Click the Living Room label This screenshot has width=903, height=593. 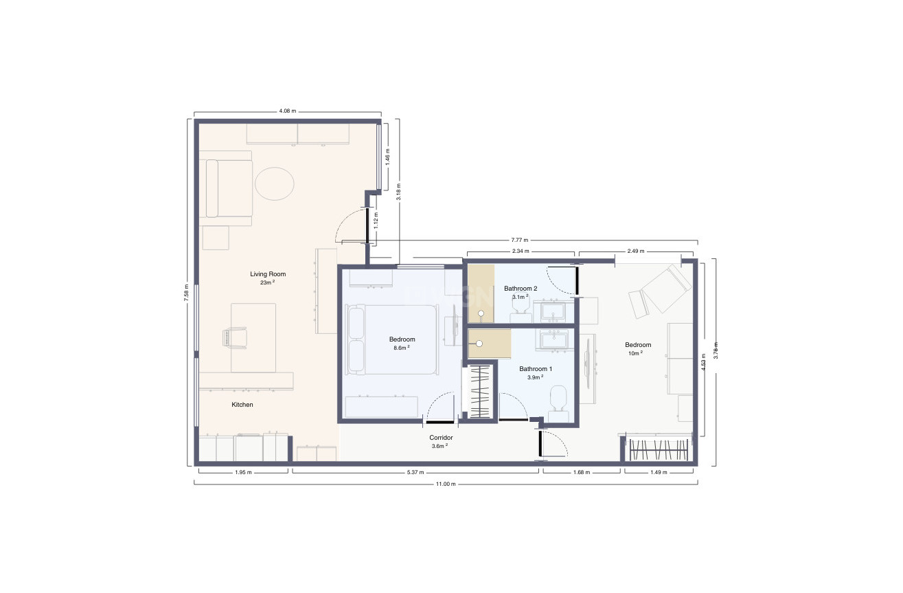point(268,274)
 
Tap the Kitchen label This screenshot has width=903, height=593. point(242,405)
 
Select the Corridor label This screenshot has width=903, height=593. point(441,438)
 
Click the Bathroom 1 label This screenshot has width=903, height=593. point(536,368)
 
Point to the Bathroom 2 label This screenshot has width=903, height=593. point(521,288)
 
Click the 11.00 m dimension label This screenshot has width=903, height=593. point(446,484)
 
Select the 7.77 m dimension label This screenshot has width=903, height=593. point(520,240)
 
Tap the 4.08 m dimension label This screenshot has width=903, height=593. point(287,111)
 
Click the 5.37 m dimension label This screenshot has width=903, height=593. point(416,473)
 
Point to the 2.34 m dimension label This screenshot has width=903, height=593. point(521,251)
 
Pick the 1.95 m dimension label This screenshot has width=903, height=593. point(244,473)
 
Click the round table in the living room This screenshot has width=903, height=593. point(275,183)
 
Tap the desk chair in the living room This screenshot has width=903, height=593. point(234,337)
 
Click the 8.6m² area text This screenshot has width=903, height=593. point(402,348)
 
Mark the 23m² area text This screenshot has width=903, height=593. point(267,282)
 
